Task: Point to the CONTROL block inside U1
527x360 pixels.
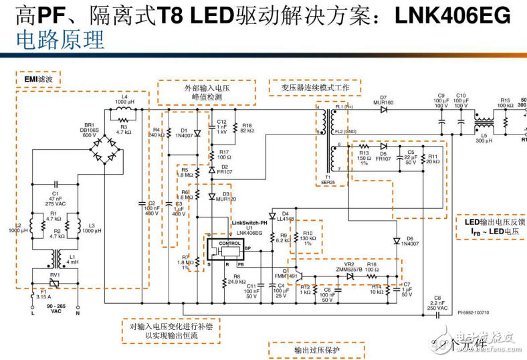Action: [229, 244]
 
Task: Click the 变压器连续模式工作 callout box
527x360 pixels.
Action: [315, 88]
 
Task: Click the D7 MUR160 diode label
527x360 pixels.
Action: [387, 100]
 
